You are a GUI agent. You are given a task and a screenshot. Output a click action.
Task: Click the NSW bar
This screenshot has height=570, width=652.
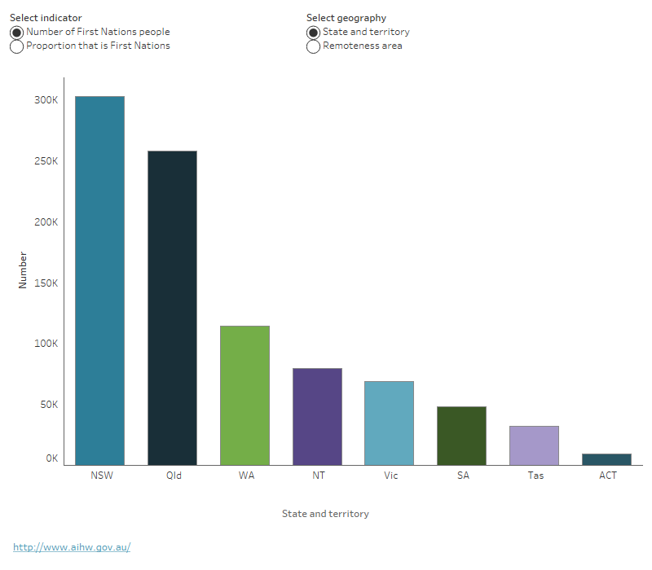(x=99, y=281)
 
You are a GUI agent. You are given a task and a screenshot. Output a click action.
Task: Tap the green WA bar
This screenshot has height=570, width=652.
(x=244, y=396)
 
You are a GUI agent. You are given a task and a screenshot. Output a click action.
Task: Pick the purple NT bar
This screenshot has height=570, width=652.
(x=317, y=417)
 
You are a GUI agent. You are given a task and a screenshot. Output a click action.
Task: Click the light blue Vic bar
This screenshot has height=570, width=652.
(x=389, y=423)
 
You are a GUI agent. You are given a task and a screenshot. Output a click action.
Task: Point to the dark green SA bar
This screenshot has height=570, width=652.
(x=461, y=436)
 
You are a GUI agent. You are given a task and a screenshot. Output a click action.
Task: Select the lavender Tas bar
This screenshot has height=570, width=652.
(x=534, y=445)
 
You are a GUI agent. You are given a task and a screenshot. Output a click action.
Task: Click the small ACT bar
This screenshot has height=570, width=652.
(x=606, y=459)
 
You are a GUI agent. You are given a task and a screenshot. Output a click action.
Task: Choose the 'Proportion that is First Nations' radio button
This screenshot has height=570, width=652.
(x=16, y=46)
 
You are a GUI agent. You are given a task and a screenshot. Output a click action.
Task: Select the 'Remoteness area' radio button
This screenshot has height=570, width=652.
(x=313, y=46)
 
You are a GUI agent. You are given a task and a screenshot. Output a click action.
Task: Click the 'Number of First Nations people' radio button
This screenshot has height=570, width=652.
(x=16, y=33)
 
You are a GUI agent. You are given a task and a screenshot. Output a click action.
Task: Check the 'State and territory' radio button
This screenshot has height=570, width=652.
(x=313, y=33)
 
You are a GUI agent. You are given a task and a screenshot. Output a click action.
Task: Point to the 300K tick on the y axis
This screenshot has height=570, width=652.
(x=46, y=100)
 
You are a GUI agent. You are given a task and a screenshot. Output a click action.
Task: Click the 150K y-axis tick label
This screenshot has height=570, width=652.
(x=46, y=283)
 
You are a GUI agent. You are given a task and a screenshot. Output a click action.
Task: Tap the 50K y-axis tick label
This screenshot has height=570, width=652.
(x=47, y=405)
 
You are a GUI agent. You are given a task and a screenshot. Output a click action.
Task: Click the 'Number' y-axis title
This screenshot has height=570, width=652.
(x=23, y=270)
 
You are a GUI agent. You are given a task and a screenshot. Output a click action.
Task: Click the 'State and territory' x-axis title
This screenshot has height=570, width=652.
(x=325, y=514)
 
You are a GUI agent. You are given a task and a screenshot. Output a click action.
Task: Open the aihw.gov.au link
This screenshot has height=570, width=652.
(x=72, y=547)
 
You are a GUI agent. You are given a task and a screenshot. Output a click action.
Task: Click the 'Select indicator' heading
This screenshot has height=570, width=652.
(x=46, y=17)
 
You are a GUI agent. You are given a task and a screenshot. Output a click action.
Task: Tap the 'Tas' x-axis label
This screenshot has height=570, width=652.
(x=535, y=476)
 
